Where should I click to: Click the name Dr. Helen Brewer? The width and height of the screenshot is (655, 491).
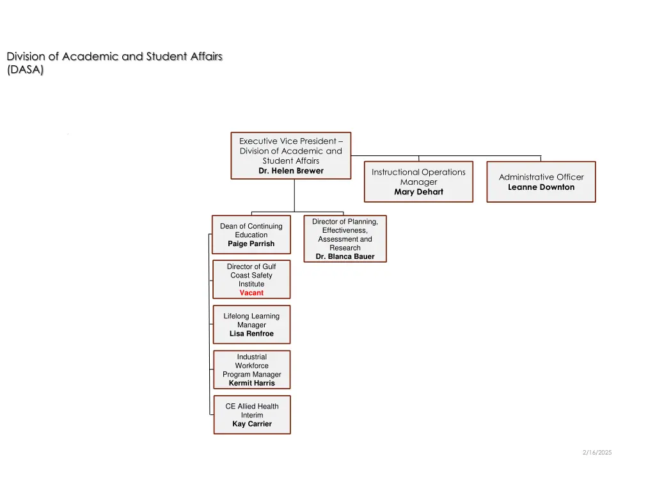pyautogui.click(x=291, y=171)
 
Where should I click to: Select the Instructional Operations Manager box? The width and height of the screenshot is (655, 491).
pyautogui.click(x=418, y=182)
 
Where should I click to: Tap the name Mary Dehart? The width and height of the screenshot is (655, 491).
pyautogui.click(x=418, y=192)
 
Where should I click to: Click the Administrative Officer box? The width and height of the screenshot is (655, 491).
pyautogui.click(x=541, y=182)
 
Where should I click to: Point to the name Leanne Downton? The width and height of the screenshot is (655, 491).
pyautogui.click(x=541, y=187)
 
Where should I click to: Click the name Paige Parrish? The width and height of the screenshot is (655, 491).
pyautogui.click(x=251, y=244)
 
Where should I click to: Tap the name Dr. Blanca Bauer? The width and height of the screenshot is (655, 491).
pyautogui.click(x=345, y=256)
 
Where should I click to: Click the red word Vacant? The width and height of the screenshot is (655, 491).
pyautogui.click(x=251, y=293)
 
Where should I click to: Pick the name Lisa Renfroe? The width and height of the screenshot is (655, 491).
pyautogui.click(x=251, y=334)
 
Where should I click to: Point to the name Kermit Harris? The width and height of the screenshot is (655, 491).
pyautogui.click(x=251, y=383)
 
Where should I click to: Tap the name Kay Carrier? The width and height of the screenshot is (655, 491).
pyautogui.click(x=251, y=424)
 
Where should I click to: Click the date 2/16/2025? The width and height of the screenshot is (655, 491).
pyautogui.click(x=597, y=453)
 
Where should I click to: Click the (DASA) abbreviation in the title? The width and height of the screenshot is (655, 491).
pyautogui.click(x=26, y=70)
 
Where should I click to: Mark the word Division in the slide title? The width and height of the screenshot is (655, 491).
pyautogui.click(x=24, y=56)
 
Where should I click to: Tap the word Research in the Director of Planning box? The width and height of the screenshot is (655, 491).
pyautogui.click(x=345, y=247)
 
